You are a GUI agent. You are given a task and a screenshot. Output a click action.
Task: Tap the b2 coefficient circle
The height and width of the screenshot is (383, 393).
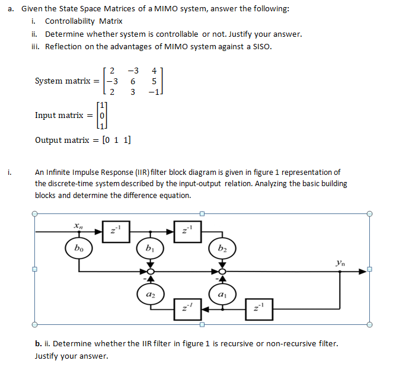point(222,248)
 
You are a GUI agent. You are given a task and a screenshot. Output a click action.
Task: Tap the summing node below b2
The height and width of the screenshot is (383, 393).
point(222,271)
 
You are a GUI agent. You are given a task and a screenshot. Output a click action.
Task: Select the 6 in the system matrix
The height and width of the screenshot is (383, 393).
point(133,81)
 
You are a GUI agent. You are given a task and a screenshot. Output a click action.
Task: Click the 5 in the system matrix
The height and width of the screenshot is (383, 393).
point(154,81)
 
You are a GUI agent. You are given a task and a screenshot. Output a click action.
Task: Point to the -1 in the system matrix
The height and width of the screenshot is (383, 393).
point(152,92)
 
